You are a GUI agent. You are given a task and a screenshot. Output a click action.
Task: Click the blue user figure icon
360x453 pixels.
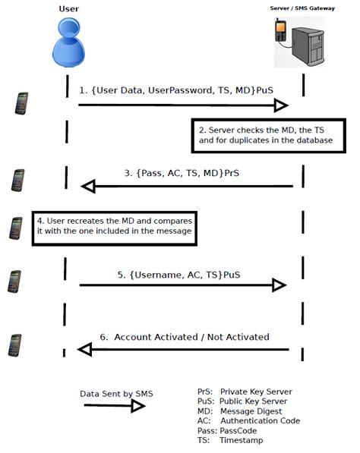(x=68, y=42)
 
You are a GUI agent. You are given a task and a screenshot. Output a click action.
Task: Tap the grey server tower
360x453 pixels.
(x=308, y=46)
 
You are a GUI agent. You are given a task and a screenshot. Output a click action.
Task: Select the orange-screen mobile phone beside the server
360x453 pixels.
(x=280, y=30)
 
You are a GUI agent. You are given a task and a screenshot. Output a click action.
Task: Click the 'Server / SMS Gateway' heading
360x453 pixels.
(x=302, y=8)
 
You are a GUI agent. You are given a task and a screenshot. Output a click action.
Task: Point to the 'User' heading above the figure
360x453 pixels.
(x=69, y=9)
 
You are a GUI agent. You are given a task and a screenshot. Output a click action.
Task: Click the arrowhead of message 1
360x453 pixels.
(x=281, y=105)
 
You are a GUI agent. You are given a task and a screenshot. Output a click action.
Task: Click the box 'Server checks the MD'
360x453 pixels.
(x=269, y=136)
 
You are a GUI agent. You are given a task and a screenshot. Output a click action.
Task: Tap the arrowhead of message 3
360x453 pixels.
(x=88, y=187)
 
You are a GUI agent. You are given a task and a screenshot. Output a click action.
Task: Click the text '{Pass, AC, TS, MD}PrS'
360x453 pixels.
(x=182, y=173)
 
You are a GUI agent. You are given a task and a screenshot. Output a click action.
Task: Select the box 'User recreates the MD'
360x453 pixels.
(x=115, y=228)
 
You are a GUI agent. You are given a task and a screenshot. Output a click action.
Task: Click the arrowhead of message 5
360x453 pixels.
(x=279, y=285)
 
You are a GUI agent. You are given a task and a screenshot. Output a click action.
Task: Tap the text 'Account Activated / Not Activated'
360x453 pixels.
(x=191, y=337)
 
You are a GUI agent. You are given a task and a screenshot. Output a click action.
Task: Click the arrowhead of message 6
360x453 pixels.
(x=85, y=350)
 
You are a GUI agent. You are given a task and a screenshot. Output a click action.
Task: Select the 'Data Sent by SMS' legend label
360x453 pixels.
(x=116, y=394)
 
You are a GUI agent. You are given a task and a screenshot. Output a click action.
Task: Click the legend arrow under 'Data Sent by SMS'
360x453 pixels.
(x=115, y=406)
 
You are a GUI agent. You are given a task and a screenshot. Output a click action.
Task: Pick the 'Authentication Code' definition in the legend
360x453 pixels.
(x=261, y=420)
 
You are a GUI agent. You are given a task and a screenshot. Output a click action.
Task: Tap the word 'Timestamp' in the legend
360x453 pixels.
(x=242, y=441)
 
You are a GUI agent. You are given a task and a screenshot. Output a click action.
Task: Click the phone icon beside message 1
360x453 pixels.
(x=22, y=103)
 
